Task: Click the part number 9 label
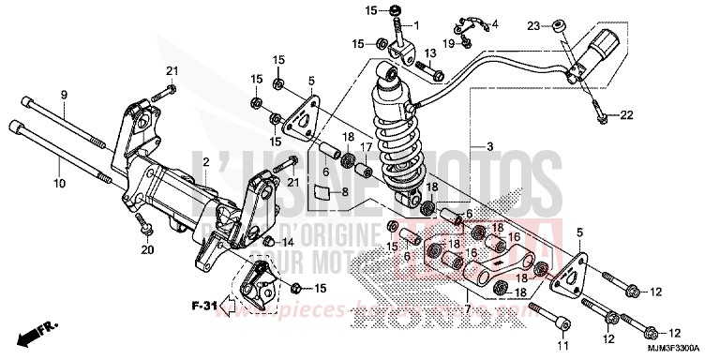coord(65,95)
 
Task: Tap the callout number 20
coord(145,249)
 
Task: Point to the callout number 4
coord(495,23)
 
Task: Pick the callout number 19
coord(449,42)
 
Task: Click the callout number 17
coord(369,147)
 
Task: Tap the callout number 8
coord(345,192)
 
